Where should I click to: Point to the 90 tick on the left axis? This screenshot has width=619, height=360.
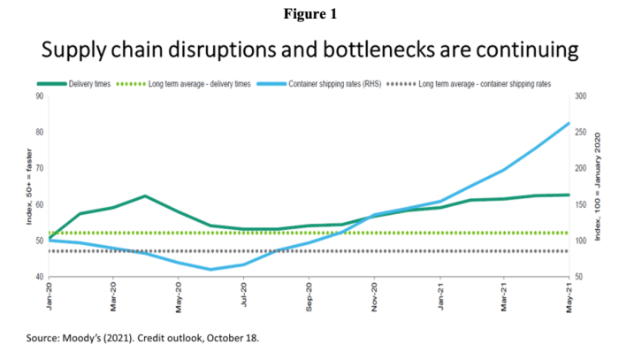point(40,96)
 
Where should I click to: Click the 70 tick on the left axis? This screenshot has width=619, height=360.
point(40,168)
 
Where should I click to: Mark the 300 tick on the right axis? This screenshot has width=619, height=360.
point(581,96)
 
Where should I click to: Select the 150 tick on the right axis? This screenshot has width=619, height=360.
point(581,204)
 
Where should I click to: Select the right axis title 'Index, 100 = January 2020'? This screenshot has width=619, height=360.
point(602,187)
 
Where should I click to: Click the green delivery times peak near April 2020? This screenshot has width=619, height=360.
point(145,195)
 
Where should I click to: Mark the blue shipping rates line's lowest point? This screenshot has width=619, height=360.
point(210,270)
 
